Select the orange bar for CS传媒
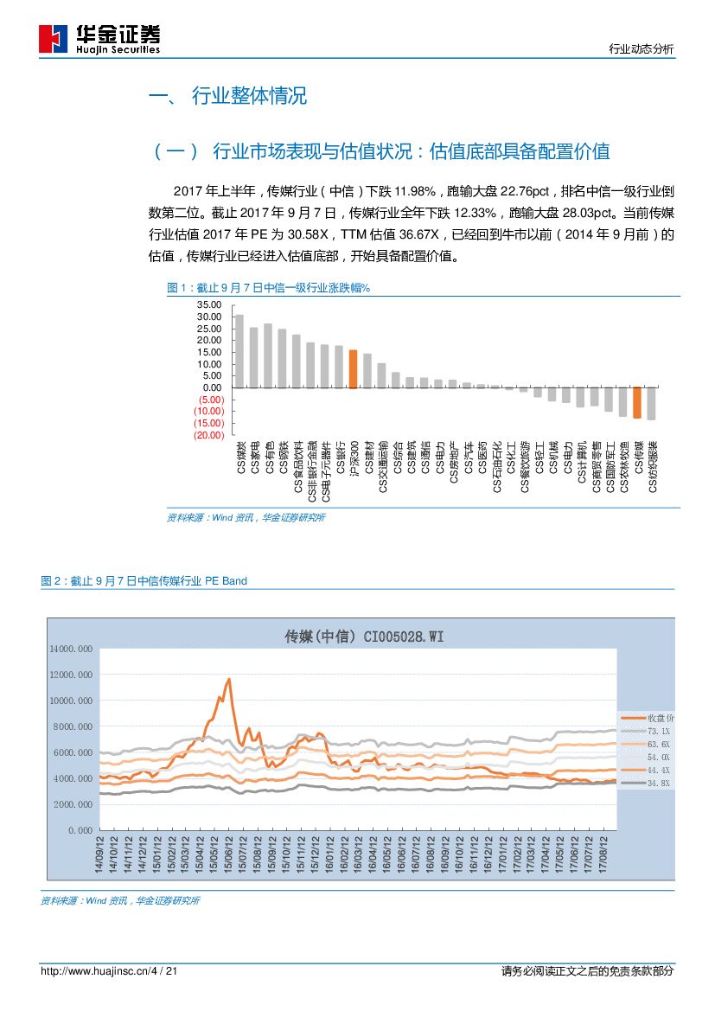point(637,403)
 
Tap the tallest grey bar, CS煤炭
point(239,351)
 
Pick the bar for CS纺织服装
point(651,404)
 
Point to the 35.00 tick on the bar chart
point(209,305)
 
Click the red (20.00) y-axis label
point(209,435)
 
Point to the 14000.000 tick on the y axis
point(72,648)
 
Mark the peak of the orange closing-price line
point(229,679)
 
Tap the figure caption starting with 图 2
point(144,581)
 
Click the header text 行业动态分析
point(641,49)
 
